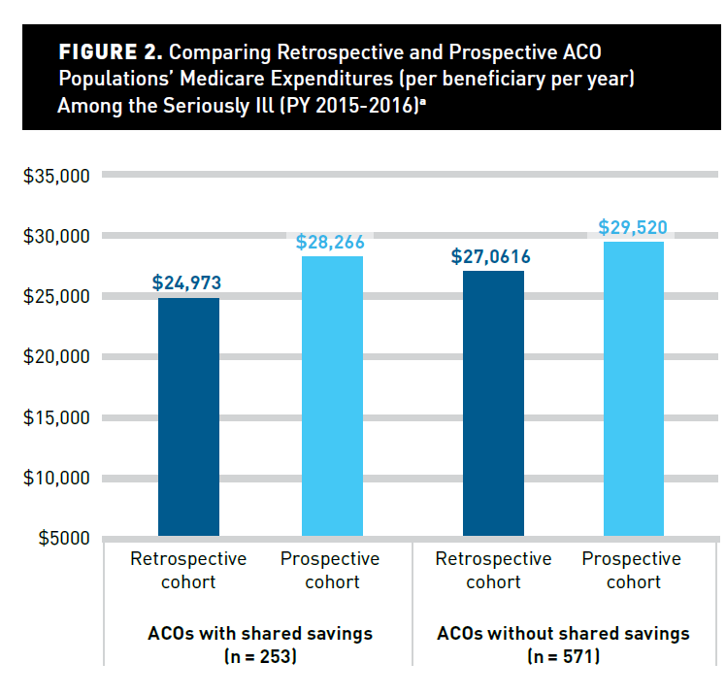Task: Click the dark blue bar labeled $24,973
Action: tap(187, 417)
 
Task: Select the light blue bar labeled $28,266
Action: tap(332, 396)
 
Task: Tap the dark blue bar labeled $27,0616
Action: tap(493, 404)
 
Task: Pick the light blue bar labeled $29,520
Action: tap(634, 388)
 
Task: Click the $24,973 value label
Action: tap(187, 283)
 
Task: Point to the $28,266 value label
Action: tap(332, 242)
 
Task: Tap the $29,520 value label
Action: tap(633, 228)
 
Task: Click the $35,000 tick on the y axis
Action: tap(55, 176)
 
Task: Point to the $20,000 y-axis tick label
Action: tap(55, 357)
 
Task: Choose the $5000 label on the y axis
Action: tap(60, 538)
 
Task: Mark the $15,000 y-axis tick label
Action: tap(55, 418)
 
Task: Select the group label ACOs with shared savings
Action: tap(259, 634)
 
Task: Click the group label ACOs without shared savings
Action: tap(563, 634)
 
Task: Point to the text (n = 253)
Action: tap(259, 657)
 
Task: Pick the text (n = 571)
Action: tap(563, 657)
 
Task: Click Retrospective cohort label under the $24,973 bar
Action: tap(188, 571)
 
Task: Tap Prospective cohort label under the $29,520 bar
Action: tap(633, 571)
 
